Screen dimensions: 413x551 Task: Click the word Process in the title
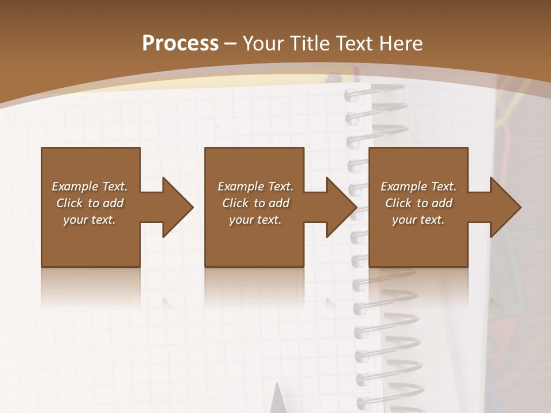[x=180, y=43]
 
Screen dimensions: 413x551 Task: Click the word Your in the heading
[x=265, y=44]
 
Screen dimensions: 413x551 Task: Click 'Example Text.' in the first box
[x=90, y=186]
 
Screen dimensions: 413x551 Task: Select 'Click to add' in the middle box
[x=255, y=203]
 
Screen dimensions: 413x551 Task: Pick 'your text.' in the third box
[x=418, y=220]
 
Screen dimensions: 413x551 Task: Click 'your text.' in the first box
[x=90, y=220]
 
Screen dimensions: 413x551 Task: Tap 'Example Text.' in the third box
[x=418, y=186]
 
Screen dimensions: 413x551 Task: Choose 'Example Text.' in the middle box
[x=255, y=186]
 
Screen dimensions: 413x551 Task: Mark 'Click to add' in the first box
[x=90, y=203]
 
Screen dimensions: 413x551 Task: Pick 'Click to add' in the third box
[x=418, y=203]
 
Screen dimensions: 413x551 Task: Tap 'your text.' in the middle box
[x=255, y=220]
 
